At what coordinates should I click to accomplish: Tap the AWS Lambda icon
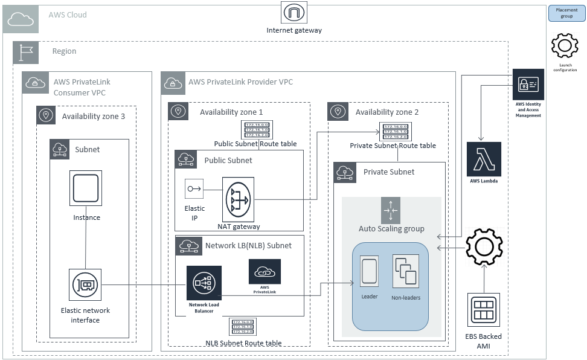click(x=484, y=159)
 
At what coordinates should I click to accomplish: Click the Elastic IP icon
click(x=194, y=188)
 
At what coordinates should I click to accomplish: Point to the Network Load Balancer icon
click(x=204, y=283)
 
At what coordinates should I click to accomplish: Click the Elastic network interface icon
click(x=85, y=286)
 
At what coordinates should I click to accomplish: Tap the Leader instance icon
click(x=369, y=271)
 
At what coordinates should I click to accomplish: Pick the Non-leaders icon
click(x=405, y=271)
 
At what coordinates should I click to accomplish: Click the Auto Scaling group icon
click(x=391, y=210)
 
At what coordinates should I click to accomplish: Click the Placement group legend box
click(x=566, y=13)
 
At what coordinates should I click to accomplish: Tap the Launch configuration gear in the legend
click(x=565, y=46)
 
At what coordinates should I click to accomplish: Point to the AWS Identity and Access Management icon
click(x=528, y=85)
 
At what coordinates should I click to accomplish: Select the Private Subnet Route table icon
click(x=393, y=132)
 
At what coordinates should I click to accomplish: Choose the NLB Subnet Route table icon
click(x=243, y=327)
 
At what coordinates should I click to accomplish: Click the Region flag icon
click(x=26, y=53)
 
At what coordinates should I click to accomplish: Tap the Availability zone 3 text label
click(x=94, y=116)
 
